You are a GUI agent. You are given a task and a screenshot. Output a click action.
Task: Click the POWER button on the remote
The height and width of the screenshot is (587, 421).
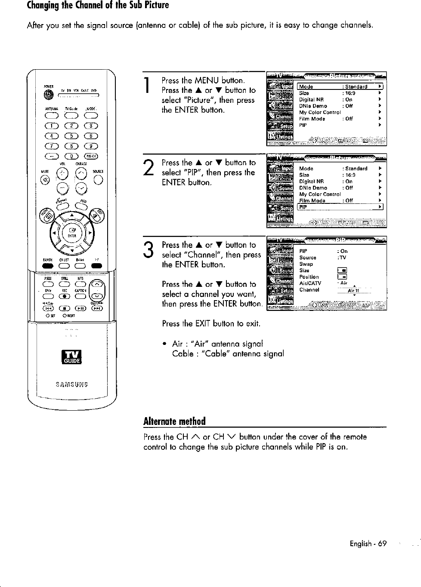(46, 95)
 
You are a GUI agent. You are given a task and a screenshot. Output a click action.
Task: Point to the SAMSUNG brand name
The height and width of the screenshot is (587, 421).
(72, 384)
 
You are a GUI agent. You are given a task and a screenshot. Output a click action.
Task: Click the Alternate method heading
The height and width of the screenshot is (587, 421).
(174, 421)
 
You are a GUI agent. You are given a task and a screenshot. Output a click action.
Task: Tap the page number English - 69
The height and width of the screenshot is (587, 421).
(368, 544)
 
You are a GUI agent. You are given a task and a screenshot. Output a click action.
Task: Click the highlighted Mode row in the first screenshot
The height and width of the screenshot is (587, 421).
(340, 86)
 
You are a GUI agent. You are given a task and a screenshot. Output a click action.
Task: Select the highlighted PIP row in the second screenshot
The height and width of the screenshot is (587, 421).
(340, 207)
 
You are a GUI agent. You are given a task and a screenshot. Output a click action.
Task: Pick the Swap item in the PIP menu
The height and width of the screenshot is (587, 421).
(306, 264)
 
